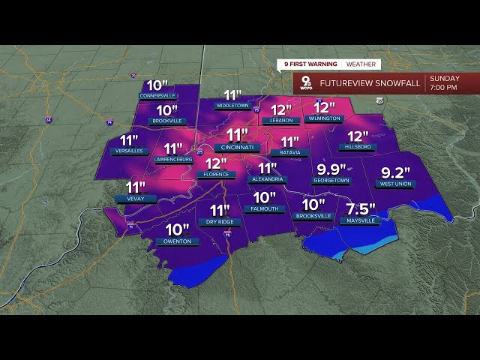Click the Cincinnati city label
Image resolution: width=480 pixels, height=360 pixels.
pos(237,148)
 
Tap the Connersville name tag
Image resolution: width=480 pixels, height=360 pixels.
pos(157,96)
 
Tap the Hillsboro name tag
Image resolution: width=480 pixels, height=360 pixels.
pos(358,148)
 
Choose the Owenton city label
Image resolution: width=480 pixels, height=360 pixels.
pos(177,241)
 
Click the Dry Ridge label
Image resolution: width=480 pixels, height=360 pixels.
pos(219,222)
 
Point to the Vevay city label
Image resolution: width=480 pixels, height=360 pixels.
pos(136,199)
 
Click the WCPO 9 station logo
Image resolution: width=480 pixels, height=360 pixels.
pos(306,82)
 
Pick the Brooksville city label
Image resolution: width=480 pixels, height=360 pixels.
pos(313,216)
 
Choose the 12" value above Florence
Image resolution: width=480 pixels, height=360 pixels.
pos(216,163)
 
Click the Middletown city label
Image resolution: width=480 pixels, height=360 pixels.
pos(233,106)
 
